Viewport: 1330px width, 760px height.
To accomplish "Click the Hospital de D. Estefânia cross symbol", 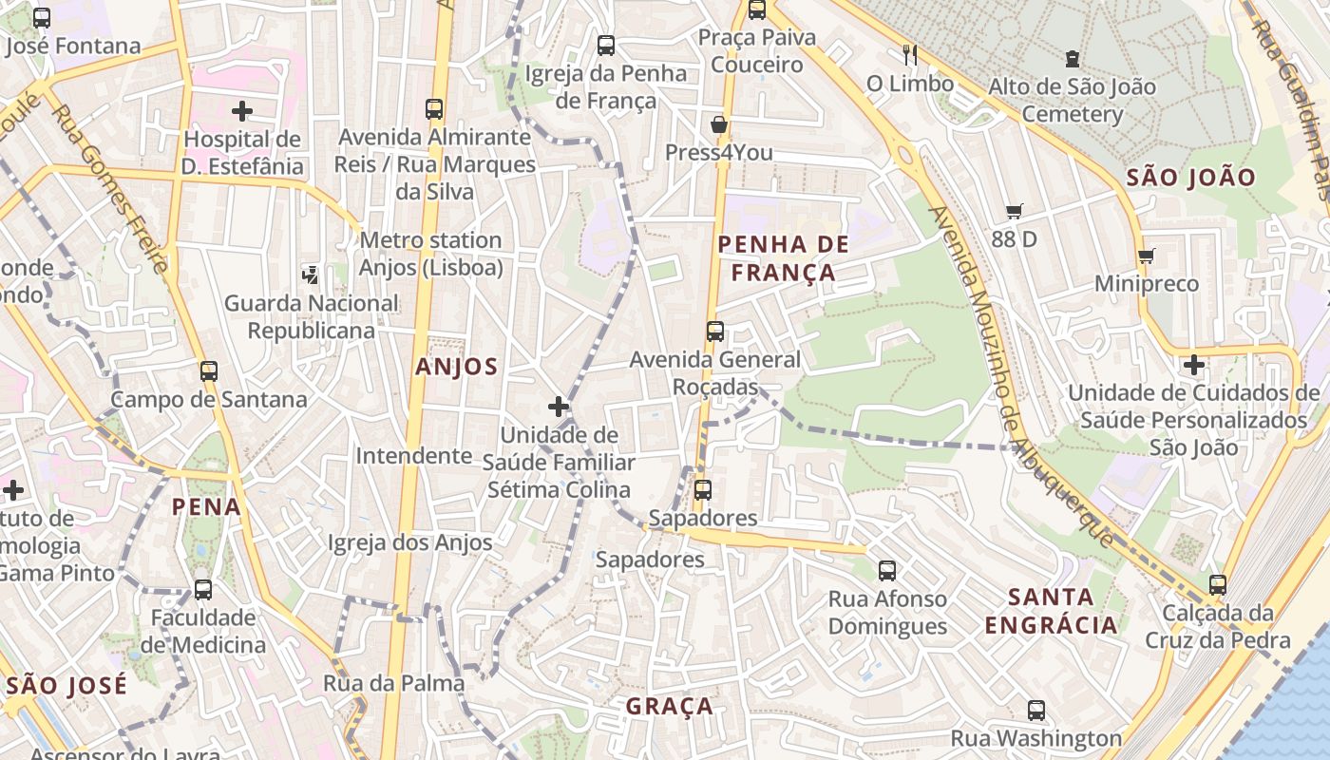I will pos(242,111).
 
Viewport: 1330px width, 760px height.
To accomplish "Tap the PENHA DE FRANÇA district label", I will pos(783,258).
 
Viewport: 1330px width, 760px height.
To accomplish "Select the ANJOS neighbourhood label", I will pos(456,367).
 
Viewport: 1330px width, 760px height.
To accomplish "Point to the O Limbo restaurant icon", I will pos(910,55).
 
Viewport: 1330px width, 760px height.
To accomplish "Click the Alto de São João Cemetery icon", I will pos(1072,59).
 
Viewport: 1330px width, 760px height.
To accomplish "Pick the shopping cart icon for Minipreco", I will pos(1146,256).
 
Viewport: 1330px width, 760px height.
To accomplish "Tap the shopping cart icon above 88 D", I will pos(1015,211).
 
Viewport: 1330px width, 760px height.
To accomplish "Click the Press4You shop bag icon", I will pos(719,124).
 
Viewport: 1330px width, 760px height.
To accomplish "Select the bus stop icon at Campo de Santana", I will pos(209,371).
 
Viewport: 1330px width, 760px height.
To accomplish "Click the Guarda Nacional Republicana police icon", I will pos(310,275).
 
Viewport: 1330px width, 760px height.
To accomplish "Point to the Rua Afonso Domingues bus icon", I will pos(887,571).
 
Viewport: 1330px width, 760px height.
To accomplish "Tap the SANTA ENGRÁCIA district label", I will pos(1051,611).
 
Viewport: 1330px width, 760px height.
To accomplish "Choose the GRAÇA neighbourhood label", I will pos(670,706).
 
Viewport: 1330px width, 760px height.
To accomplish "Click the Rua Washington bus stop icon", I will pos(1035,710).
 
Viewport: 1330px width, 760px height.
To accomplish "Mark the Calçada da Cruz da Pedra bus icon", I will pos(1218,585).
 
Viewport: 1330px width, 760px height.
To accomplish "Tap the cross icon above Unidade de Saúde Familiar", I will pos(559,408).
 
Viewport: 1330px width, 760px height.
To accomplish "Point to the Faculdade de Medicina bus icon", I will pos(203,590).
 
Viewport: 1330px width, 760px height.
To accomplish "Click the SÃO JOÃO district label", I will pos(1190,177).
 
